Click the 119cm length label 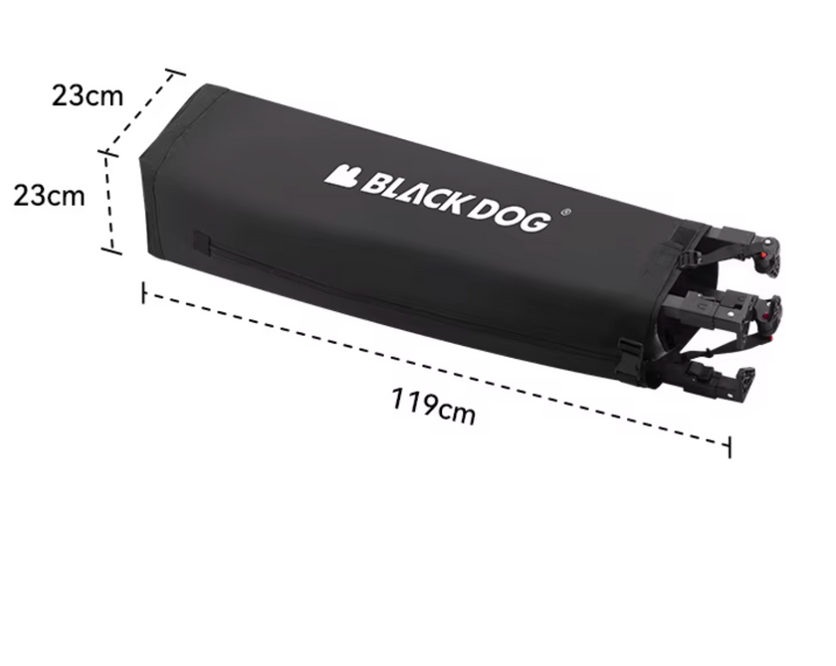[433, 406]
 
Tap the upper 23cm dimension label [88, 96]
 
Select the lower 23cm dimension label [49, 196]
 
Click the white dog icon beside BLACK [342, 176]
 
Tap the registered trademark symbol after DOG [566, 212]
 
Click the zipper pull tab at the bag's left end [201, 244]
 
